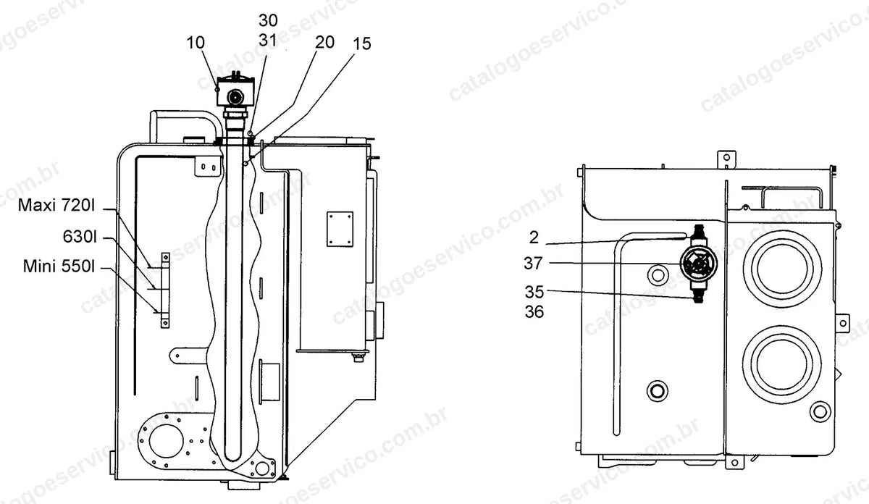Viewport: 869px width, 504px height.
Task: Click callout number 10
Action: coord(196,43)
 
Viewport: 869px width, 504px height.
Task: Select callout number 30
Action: coord(268,20)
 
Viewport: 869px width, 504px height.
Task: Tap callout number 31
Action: coord(268,40)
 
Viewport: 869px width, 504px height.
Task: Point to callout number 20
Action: coord(324,42)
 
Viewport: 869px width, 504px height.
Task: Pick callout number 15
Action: coord(362,43)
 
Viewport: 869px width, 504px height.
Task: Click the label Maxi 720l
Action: coord(56,205)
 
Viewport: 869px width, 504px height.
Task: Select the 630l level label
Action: coord(80,236)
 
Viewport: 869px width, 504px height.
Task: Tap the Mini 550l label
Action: coord(59,266)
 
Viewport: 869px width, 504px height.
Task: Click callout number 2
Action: coord(534,238)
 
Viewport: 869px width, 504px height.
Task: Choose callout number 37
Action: coord(534,264)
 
